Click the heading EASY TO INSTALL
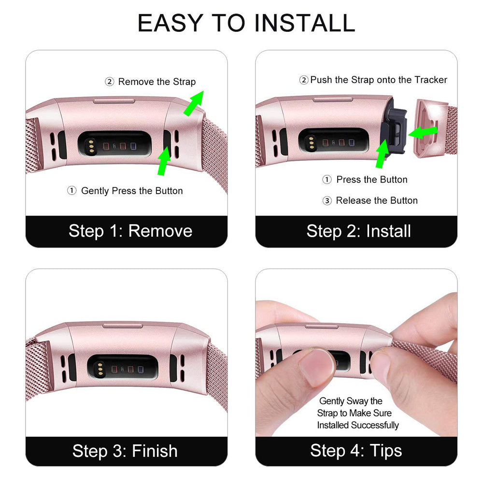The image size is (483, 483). point(246,23)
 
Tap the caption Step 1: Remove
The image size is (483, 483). point(130,231)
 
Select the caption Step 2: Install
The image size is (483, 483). point(358,231)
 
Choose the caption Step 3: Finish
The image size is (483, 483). point(125,451)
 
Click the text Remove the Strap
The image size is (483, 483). point(157,82)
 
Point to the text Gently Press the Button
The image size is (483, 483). point(132,191)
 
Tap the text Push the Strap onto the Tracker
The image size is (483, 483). point(379,80)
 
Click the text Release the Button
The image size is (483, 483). point(377,200)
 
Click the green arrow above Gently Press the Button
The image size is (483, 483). point(164,161)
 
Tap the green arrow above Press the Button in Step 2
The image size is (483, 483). point(383,154)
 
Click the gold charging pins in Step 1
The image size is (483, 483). point(91,145)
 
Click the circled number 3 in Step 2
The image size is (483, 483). point(327,201)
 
